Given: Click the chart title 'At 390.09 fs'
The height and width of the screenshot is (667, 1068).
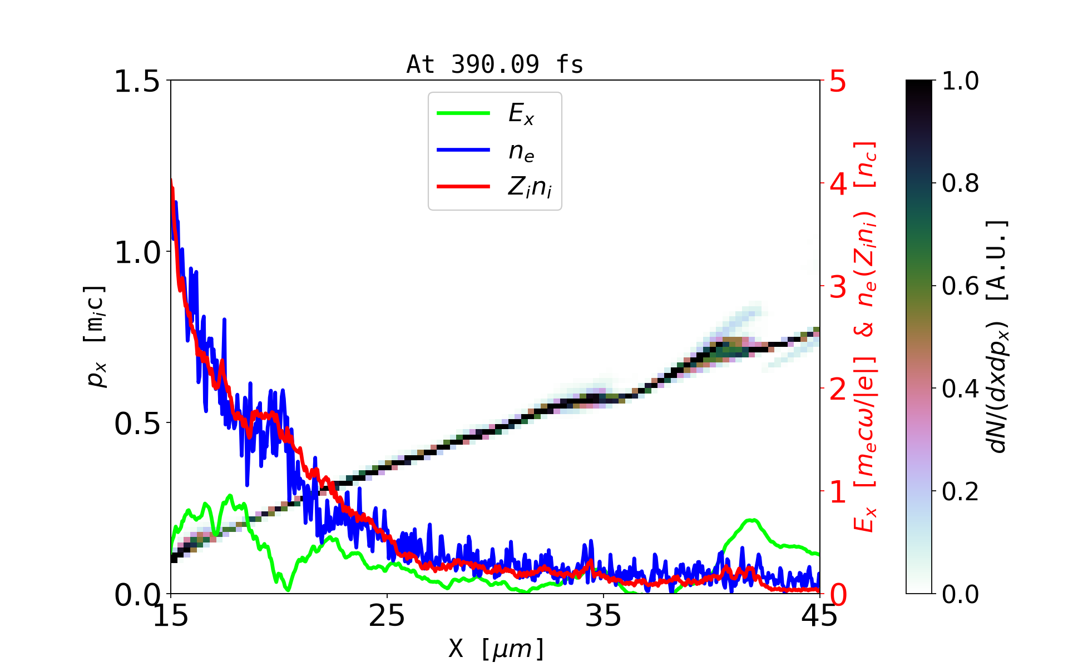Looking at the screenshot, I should (x=495, y=64).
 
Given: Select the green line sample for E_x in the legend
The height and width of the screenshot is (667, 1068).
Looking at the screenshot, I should (x=463, y=113).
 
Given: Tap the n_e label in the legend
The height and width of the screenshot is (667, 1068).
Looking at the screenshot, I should (x=521, y=151).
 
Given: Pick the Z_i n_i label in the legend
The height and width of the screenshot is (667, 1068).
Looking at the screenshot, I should (x=530, y=188).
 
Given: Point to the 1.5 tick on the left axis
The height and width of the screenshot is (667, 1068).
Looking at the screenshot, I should (x=137, y=82).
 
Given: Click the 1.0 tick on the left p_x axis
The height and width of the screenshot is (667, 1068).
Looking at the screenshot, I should (x=137, y=253).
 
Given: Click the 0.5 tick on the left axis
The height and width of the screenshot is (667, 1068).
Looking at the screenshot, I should (x=137, y=424).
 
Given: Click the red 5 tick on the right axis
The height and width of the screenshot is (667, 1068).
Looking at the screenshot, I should (x=838, y=82).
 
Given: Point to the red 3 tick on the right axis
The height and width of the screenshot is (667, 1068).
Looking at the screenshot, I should (x=838, y=287).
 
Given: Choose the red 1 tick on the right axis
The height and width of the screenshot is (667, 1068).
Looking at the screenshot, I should (x=838, y=492).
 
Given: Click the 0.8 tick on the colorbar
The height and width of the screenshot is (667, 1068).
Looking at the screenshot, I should (x=960, y=183).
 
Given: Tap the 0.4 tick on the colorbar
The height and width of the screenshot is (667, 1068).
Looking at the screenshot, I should (x=960, y=389).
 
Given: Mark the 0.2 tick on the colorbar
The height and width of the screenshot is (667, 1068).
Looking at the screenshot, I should (x=960, y=492).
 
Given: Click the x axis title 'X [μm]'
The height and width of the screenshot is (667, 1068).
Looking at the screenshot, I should (x=496, y=648).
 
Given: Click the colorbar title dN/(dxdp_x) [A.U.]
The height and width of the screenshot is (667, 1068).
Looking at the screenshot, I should (x=998, y=337).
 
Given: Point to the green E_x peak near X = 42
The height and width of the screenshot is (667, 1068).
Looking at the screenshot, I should (x=751, y=520).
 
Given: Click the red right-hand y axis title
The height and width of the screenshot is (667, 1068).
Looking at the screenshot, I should (x=866, y=337).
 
